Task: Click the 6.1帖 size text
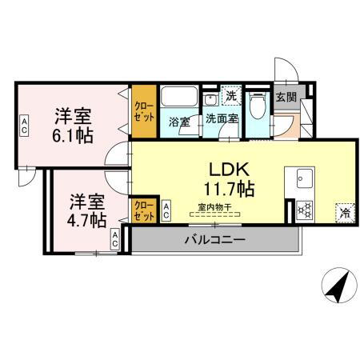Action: point(74,135)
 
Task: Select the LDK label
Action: point(230,170)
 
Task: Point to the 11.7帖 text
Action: point(230,190)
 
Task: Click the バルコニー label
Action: point(214,239)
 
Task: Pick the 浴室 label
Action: point(178,122)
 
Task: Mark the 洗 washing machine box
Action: point(230,96)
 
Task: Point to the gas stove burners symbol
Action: point(304,210)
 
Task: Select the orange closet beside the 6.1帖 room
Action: point(144,110)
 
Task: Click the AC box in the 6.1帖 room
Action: point(24,124)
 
